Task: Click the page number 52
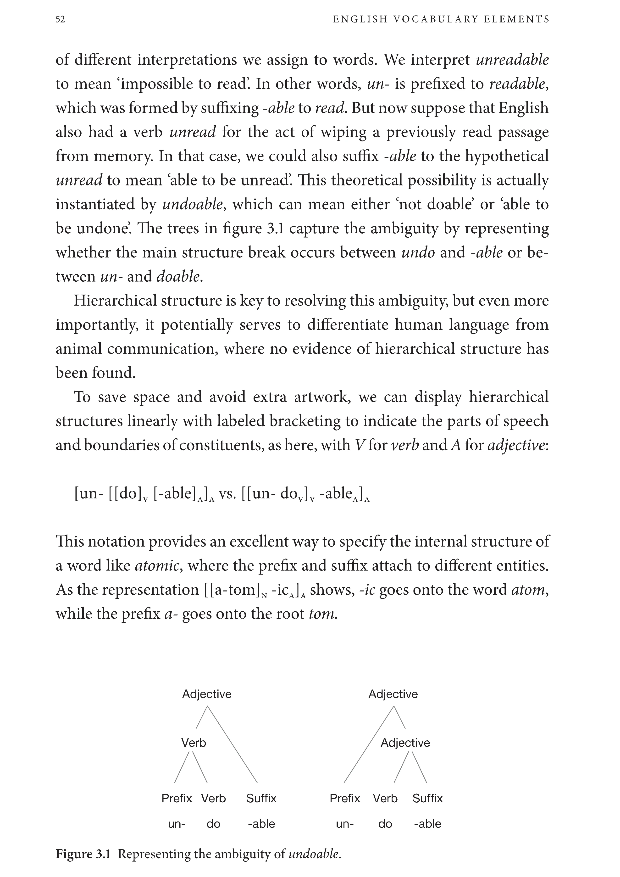pyautogui.click(x=60, y=19)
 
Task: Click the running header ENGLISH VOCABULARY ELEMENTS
pyautogui.click(x=441, y=19)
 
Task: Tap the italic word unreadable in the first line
pyautogui.click(x=512, y=60)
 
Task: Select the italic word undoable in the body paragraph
pyautogui.click(x=192, y=204)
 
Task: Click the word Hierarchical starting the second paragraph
pyautogui.click(x=115, y=301)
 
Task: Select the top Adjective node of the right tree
pyautogui.click(x=393, y=694)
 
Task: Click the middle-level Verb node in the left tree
pyautogui.click(x=193, y=743)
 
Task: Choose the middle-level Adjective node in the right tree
pyautogui.click(x=405, y=743)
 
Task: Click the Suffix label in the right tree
pyautogui.click(x=427, y=798)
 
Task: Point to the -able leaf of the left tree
pyautogui.click(x=261, y=824)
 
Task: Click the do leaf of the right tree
pyautogui.click(x=385, y=824)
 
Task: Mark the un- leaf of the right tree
pyautogui.click(x=345, y=824)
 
